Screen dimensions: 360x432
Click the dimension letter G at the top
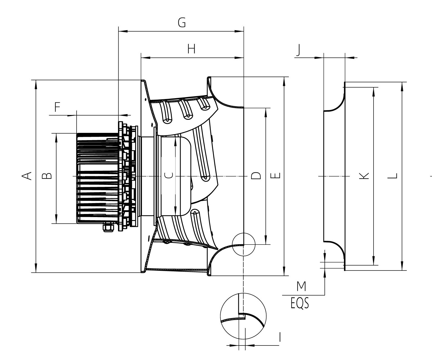click(x=182, y=23)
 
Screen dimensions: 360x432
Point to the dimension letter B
click(x=47, y=176)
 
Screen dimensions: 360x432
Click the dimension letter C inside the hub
click(x=168, y=175)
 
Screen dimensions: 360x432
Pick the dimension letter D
click(x=256, y=176)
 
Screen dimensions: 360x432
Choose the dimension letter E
click(x=275, y=176)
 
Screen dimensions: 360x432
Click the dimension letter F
click(x=58, y=107)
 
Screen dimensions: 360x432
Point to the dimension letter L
click(x=393, y=176)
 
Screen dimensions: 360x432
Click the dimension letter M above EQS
click(x=301, y=286)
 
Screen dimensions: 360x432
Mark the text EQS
click(x=300, y=303)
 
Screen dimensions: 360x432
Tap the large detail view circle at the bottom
click(x=243, y=316)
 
